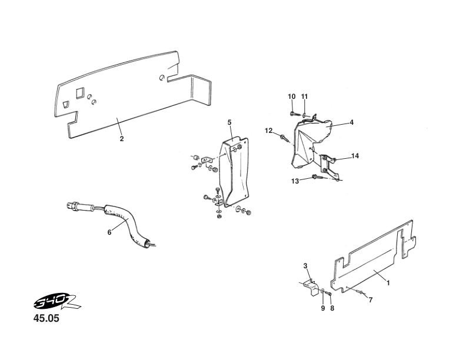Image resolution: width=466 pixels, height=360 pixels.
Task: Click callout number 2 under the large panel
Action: [122, 139]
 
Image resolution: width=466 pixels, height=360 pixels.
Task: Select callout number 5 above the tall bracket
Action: [229, 122]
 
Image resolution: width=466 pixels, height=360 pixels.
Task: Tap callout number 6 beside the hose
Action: [109, 232]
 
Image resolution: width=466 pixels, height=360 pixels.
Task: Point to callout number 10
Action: [292, 96]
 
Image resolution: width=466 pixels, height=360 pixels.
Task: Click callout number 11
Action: [304, 96]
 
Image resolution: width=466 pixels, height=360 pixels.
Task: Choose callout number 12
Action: [269, 131]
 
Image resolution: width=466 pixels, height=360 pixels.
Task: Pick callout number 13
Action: [295, 181]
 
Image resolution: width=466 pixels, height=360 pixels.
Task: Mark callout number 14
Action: [355, 156]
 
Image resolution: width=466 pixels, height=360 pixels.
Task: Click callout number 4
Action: [352, 122]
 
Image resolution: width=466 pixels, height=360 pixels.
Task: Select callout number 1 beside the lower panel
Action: [388, 283]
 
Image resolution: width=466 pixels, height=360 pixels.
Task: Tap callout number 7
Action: [370, 300]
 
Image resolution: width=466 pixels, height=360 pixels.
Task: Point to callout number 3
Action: [305, 265]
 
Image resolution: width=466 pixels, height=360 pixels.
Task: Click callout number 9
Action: [323, 308]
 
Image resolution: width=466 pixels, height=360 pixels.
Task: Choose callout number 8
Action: [332, 308]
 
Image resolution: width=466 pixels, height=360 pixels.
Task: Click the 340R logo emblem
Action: [56, 303]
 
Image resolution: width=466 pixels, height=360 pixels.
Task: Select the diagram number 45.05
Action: [46, 318]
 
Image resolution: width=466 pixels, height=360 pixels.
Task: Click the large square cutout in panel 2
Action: [80, 93]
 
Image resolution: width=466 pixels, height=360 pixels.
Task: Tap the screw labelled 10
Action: [294, 114]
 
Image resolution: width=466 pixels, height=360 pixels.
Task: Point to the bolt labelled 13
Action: [317, 177]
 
